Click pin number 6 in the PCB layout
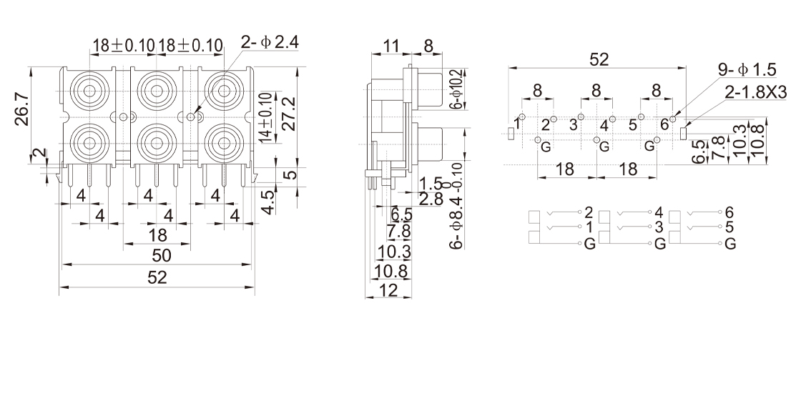[664, 124]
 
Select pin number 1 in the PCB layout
[518, 124]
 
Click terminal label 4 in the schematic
[659, 212]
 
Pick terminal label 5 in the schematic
[729, 228]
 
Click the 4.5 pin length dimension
[267, 201]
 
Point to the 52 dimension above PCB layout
[599, 60]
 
